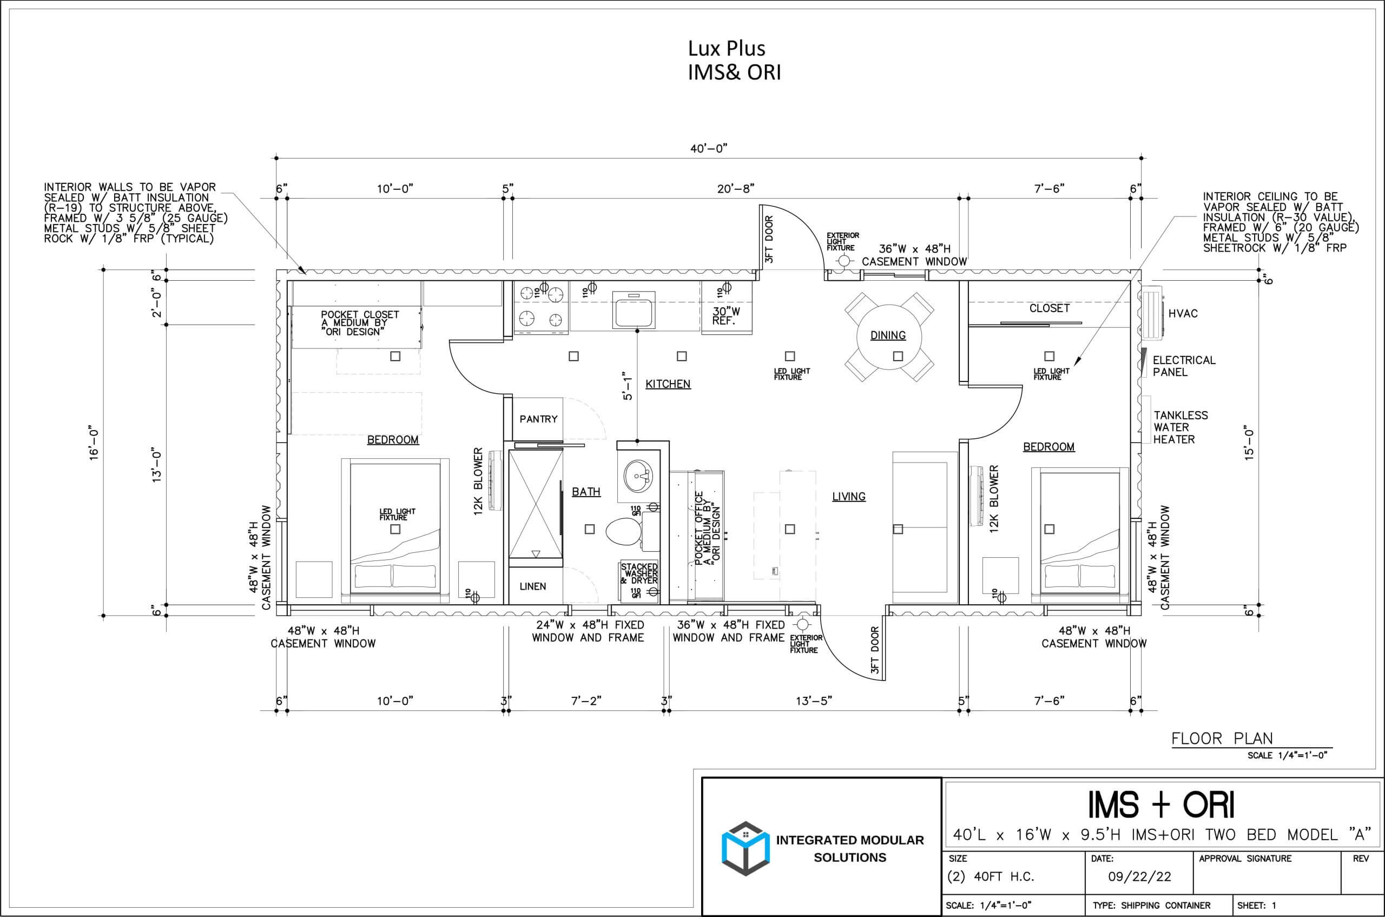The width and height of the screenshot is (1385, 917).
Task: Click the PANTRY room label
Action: [538, 419]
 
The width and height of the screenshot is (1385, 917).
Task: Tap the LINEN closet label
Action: [533, 586]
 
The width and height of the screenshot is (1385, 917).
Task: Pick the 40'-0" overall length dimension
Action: [708, 149]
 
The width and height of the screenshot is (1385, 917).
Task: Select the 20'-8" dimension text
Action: [736, 188]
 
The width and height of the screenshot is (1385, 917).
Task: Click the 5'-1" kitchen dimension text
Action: [628, 385]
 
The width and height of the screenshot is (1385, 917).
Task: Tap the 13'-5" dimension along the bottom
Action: [814, 701]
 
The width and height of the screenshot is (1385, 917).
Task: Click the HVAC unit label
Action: [1183, 313]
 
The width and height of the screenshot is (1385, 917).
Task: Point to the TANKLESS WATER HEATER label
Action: [1180, 427]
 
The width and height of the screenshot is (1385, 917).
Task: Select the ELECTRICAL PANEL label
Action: [1184, 366]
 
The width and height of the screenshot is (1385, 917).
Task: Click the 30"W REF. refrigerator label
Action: [726, 316]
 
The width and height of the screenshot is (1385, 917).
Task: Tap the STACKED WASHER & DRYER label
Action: [639, 573]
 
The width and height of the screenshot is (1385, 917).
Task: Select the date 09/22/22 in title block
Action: [1139, 876]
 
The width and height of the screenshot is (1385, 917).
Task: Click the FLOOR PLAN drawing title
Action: [1222, 738]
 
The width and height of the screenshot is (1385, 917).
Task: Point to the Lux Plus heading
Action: [727, 48]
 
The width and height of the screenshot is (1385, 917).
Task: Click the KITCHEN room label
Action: [668, 384]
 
